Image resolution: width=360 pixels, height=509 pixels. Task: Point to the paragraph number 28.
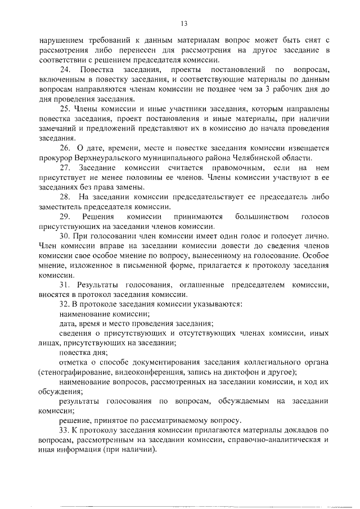coord(65,196)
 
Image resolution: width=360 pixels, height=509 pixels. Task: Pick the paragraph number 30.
coord(64,236)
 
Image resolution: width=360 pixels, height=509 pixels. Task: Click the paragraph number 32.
coord(64,304)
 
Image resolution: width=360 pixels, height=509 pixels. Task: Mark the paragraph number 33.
coord(64,430)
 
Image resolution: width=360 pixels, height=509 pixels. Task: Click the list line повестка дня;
coord(79,352)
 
